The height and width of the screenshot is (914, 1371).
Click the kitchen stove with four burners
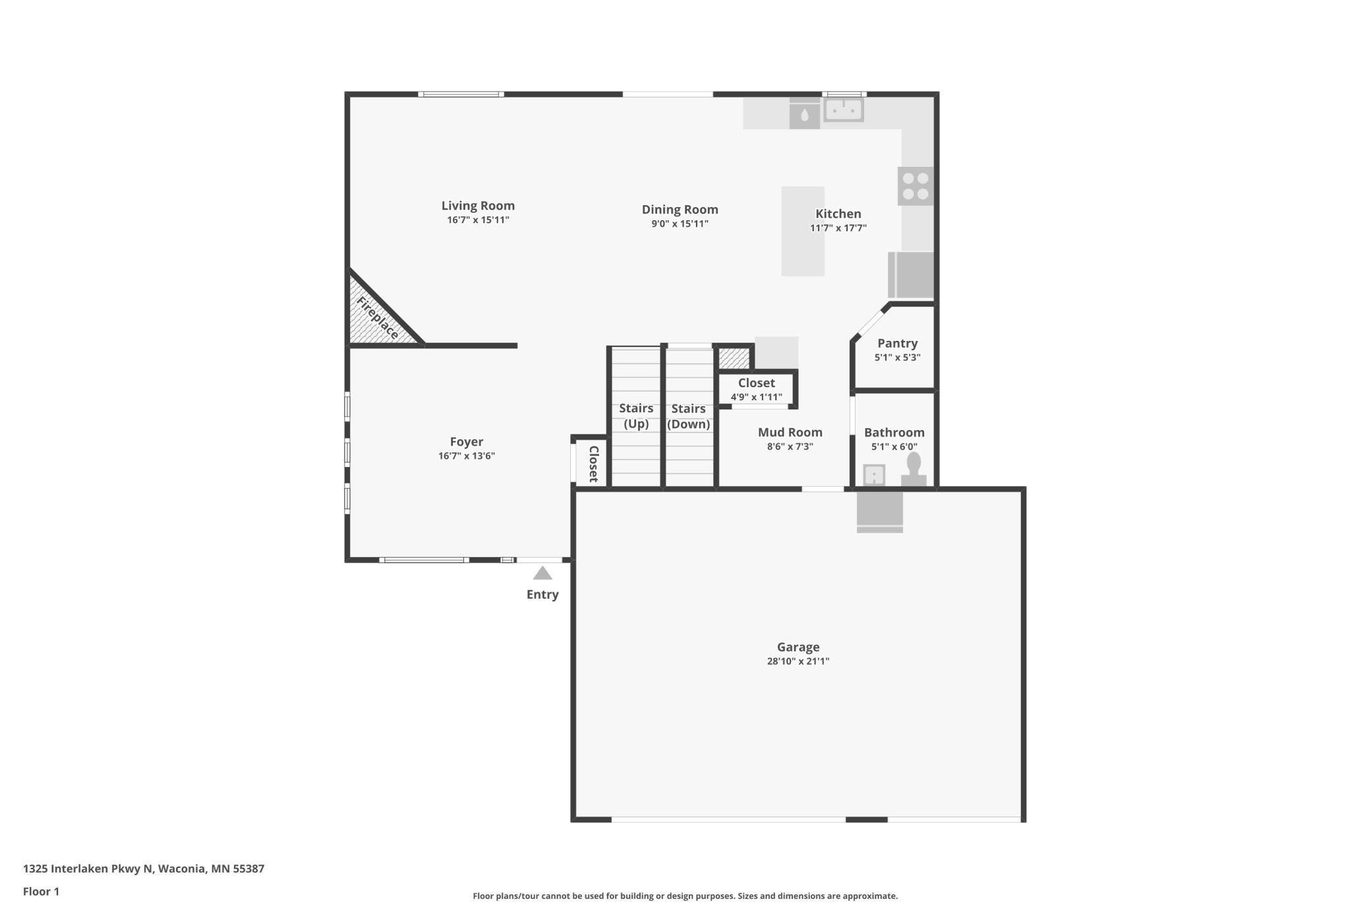tap(916, 186)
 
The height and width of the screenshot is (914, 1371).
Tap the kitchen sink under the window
tap(843, 109)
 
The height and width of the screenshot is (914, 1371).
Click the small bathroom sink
tap(874, 475)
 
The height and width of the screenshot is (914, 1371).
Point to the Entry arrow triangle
tap(542, 573)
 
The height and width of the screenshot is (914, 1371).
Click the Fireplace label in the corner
tap(378, 319)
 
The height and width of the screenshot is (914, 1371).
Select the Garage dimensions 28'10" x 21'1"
tap(798, 661)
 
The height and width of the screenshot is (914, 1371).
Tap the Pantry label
tap(897, 343)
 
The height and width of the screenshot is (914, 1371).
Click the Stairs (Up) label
tap(636, 416)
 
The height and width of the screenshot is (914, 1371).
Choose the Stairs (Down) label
tap(688, 416)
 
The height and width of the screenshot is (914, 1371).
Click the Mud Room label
tap(790, 433)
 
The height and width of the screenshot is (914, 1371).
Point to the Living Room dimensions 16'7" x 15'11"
tap(478, 220)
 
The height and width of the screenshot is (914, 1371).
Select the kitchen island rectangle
tap(802, 231)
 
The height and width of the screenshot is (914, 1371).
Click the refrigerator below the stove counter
tap(912, 275)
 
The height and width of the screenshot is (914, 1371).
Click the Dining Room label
tap(680, 210)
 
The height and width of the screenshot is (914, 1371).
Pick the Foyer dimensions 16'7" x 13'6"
tap(466, 456)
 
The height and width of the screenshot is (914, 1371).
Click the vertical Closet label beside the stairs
tap(593, 464)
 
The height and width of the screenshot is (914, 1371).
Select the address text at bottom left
tap(144, 868)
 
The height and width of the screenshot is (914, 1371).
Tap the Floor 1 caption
tap(41, 892)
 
